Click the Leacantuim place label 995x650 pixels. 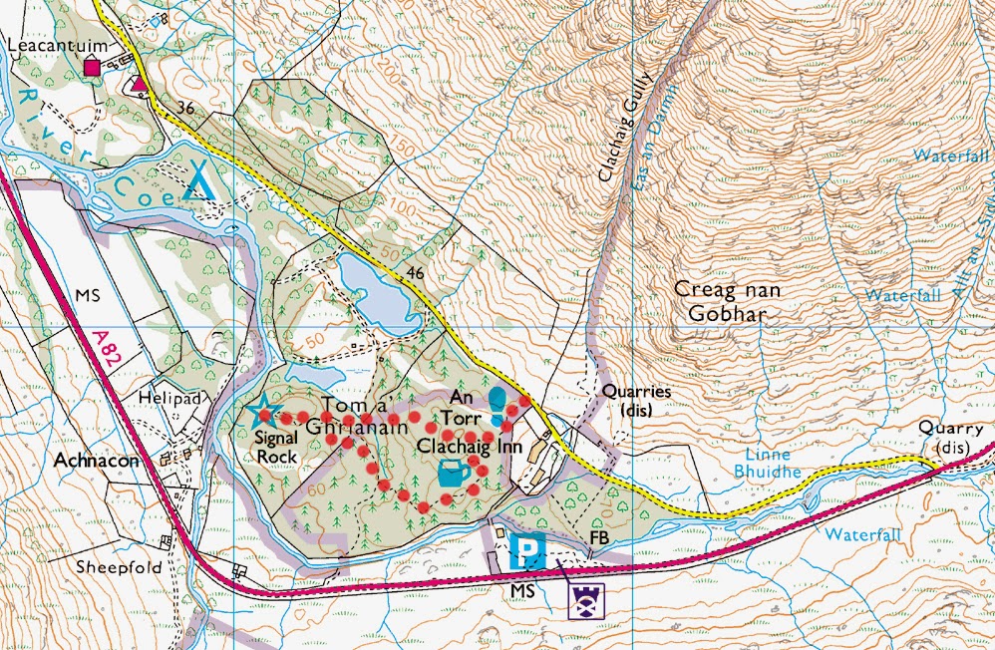[49, 47]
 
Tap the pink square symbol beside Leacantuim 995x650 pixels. [93, 68]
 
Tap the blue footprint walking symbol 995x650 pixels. [497, 407]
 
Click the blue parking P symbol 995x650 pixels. [525, 550]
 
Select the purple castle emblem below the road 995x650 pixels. [587, 600]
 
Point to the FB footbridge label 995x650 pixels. [599, 539]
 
